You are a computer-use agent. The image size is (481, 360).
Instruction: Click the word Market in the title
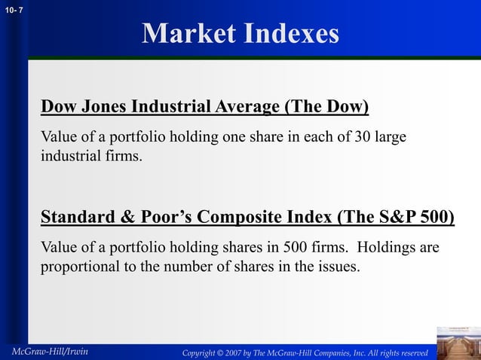coord(185,34)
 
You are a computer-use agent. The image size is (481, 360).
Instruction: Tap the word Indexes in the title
coord(290,34)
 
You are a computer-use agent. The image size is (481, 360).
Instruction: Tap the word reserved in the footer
coord(411,352)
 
